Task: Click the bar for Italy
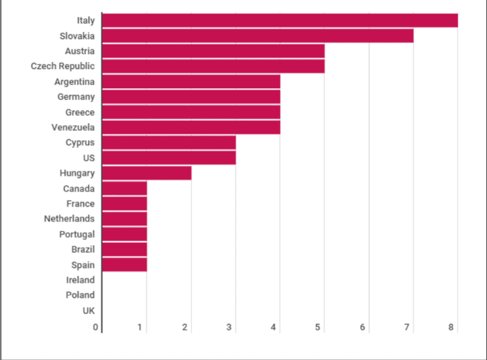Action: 280,20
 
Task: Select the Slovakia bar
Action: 258,36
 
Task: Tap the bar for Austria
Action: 213,51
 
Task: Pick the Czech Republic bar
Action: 213,66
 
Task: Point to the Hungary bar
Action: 147,173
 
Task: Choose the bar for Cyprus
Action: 169,142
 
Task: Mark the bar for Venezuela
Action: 191,127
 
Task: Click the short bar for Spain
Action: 124,265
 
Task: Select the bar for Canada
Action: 124,188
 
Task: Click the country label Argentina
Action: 74,82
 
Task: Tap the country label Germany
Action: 76,97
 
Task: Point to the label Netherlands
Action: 69,219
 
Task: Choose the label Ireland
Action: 80,280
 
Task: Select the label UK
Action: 88,310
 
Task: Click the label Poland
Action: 80,295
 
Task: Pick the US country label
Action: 88,158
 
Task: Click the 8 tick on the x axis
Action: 451,327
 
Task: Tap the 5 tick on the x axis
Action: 318,327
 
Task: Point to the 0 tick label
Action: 95,327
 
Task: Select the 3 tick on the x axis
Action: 229,327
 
